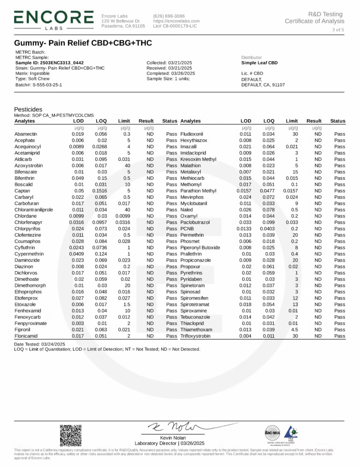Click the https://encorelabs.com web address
coord(176,21)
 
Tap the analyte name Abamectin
coord(26,134)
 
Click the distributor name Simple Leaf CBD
coord(259,63)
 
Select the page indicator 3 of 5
coord(337,30)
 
